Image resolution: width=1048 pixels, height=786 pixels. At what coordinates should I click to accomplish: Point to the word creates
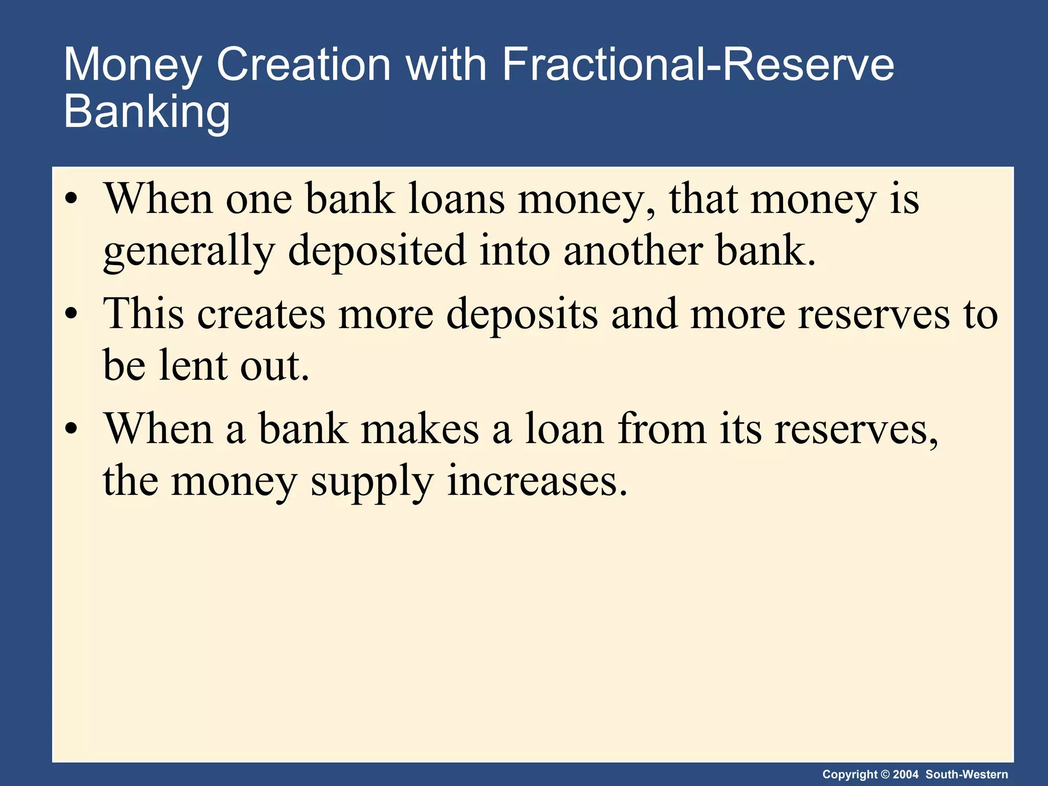click(x=261, y=314)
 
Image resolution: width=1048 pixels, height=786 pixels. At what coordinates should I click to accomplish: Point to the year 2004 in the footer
click(x=906, y=774)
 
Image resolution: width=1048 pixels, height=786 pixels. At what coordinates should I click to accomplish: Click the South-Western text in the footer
click(x=967, y=774)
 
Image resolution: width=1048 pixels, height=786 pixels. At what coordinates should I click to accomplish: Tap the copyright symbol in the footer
click(x=885, y=774)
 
